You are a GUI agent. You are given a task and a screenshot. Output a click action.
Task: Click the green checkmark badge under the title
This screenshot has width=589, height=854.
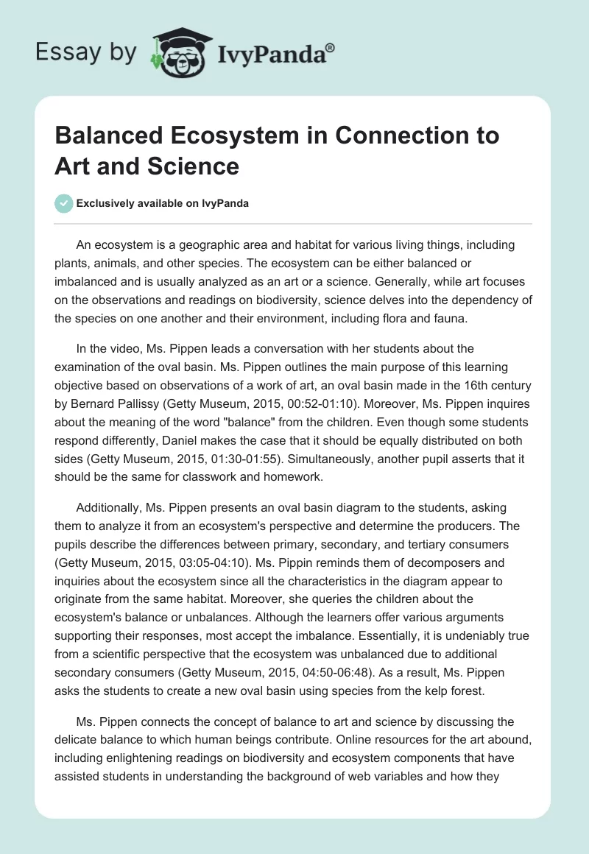[x=64, y=203]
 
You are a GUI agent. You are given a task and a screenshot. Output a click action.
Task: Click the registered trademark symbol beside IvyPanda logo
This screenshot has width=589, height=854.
[x=331, y=47]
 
